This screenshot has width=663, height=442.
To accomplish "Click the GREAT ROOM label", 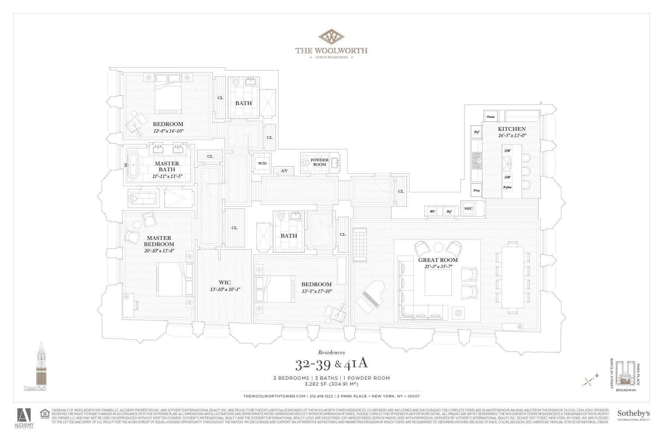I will (438, 260).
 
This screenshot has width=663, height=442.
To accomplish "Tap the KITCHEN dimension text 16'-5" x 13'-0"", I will (512, 135).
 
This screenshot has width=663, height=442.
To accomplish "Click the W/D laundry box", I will (262, 163).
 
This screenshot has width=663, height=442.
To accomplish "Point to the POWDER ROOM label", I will (319, 162).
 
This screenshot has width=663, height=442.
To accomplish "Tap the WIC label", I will (225, 283).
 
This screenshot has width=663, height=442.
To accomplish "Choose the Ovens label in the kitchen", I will (490, 117).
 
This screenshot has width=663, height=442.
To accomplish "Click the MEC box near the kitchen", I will (468, 208).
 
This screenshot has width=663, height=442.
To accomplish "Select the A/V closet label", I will (284, 171).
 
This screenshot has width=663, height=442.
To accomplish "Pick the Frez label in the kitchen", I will (477, 190).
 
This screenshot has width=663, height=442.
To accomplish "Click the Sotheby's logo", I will (633, 415).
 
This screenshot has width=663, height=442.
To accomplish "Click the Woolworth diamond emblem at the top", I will (331, 36).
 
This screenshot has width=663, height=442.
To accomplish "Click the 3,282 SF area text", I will (331, 384).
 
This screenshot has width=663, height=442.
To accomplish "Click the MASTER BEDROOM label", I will (159, 241).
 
